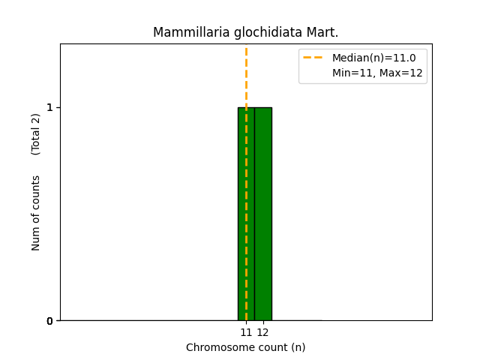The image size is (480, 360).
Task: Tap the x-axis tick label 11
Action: click(246, 332)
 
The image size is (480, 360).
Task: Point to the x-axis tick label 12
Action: click(262, 332)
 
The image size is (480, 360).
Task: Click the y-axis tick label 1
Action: click(49, 107)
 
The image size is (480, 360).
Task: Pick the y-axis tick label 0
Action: click(49, 321)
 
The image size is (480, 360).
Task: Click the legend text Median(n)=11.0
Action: click(373, 58)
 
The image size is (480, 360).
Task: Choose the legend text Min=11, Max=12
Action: click(377, 73)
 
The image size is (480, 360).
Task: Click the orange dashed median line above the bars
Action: click(246, 75)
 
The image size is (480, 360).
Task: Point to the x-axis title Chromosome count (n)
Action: click(246, 347)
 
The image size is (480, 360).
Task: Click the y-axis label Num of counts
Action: click(36, 213)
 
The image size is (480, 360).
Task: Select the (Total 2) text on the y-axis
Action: click(36, 134)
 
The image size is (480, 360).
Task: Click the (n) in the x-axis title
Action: click(298, 347)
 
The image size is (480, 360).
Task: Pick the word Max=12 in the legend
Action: click(405, 73)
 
